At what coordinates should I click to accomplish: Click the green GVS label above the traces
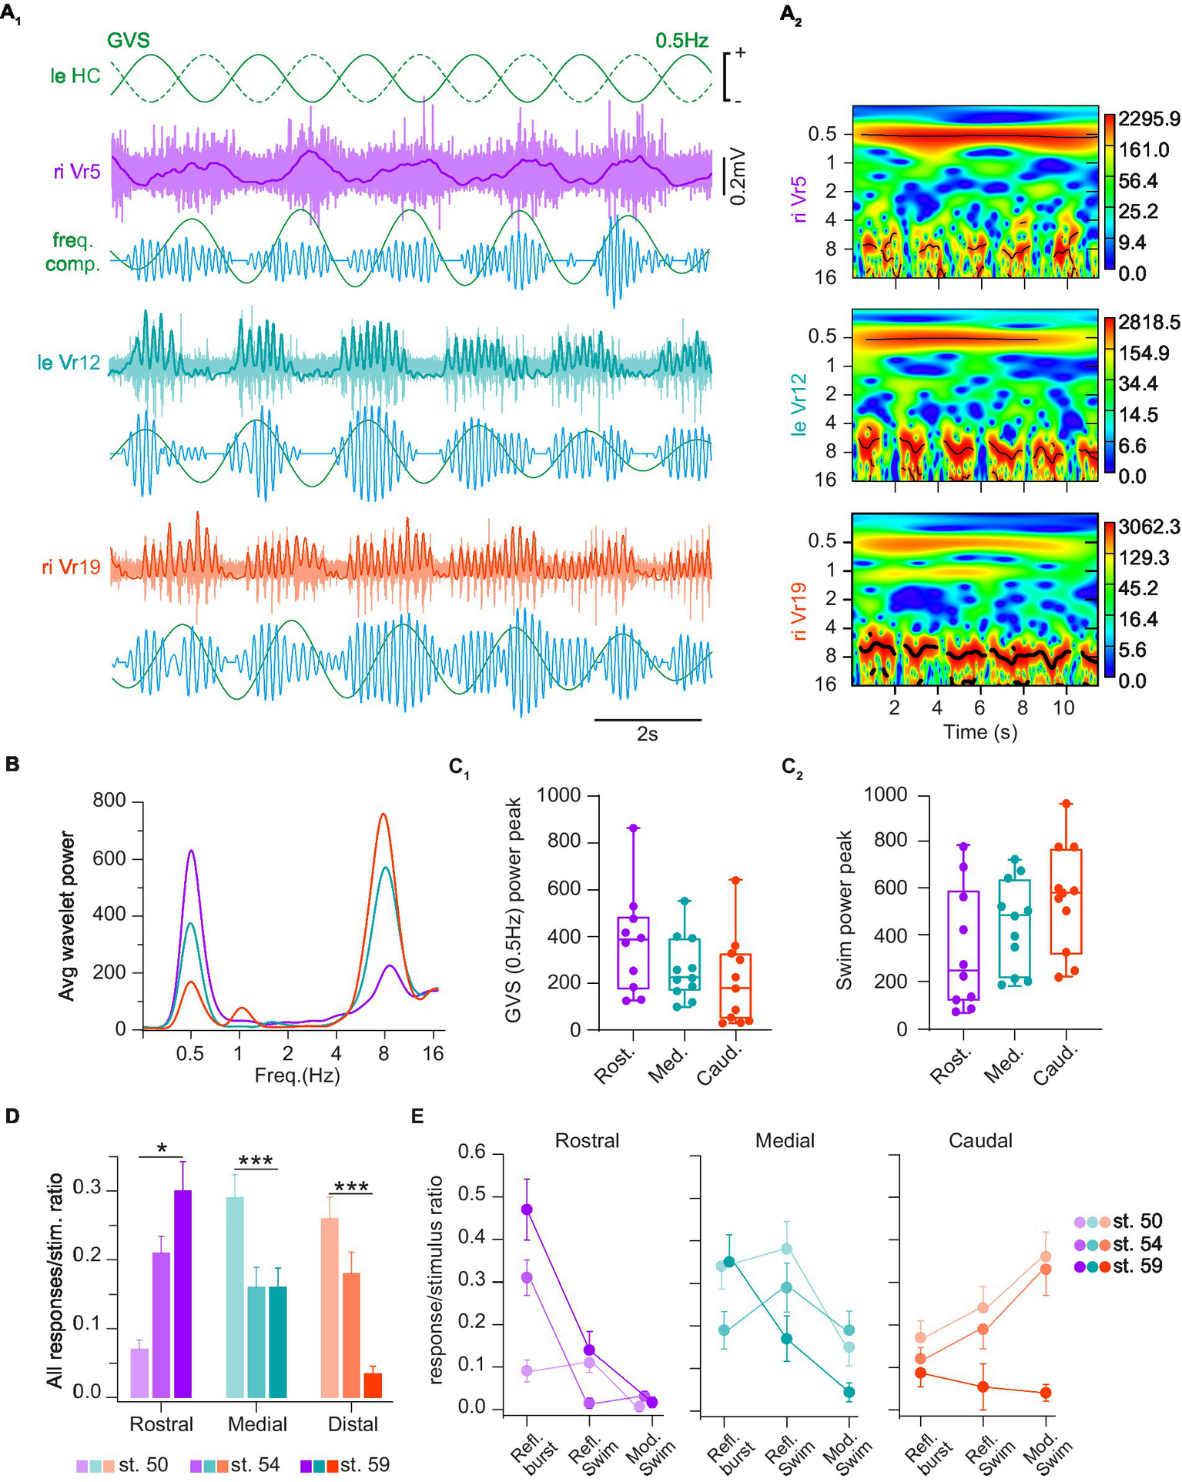coord(128,40)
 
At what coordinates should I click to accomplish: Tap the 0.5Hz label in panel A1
coord(681,40)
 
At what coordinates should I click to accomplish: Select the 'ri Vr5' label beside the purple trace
coord(77,172)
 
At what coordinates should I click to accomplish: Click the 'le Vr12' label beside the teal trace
coord(69,362)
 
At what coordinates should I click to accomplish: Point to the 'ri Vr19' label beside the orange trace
coord(72,567)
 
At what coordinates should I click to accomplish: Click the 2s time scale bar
coord(647,721)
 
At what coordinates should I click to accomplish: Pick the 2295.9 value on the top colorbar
coord(1149,119)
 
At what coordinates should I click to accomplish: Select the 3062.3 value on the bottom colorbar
coord(1149,527)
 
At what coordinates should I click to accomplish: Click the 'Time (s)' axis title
coord(980,732)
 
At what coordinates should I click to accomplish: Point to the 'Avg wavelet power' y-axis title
coord(68,915)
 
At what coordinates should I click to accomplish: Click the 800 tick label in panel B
coord(109,801)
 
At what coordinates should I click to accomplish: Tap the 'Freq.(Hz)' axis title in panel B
coord(297,1075)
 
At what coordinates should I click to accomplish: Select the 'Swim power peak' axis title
coord(845,910)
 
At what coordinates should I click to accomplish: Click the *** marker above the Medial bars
coord(256,1162)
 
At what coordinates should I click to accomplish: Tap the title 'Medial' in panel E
coord(785,1140)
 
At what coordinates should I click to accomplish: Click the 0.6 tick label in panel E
coord(473,1152)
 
